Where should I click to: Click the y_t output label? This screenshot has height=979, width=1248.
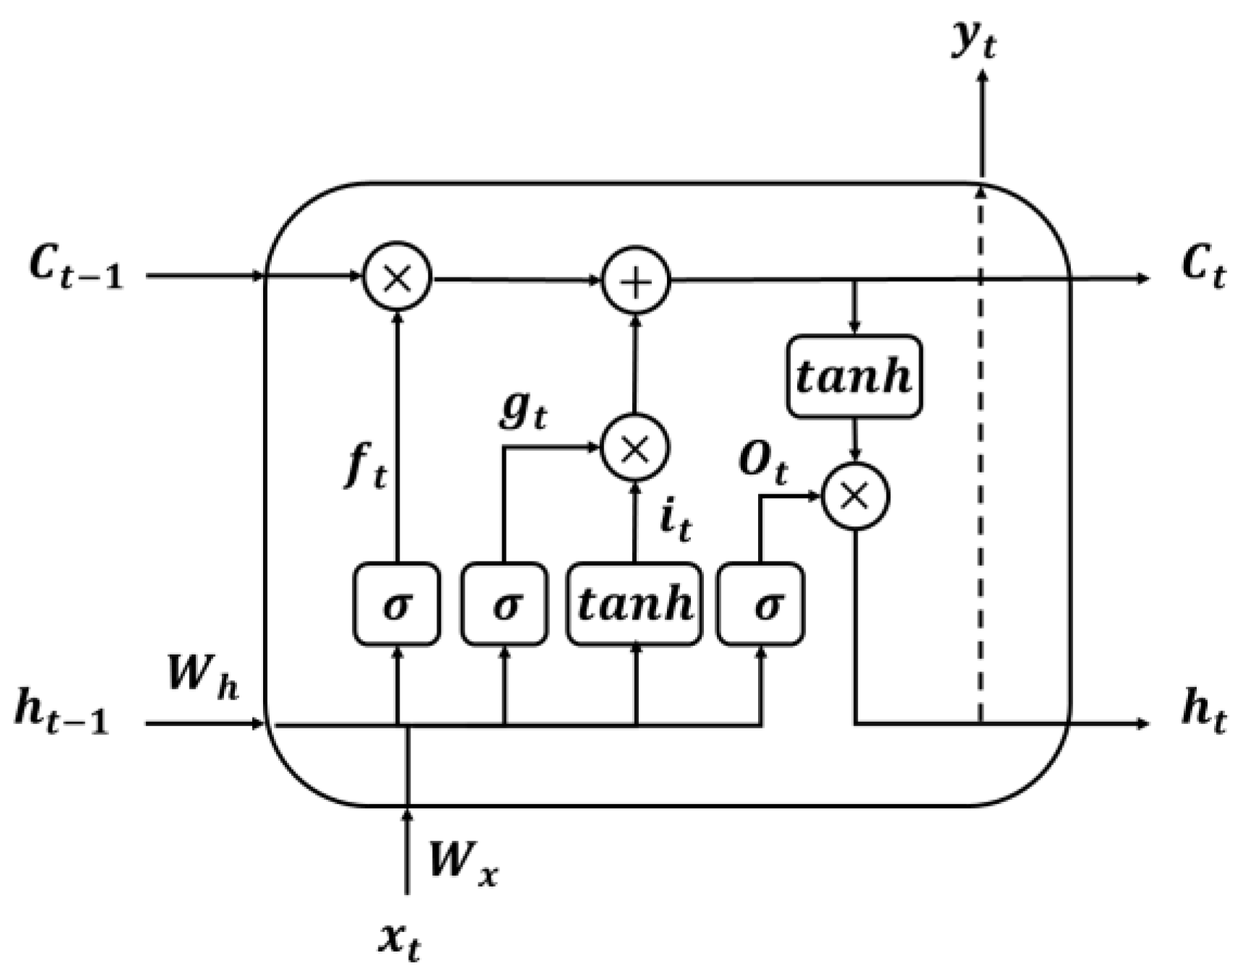(974, 42)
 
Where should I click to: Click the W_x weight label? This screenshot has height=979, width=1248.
(462, 862)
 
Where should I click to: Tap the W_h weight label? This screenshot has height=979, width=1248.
(202, 677)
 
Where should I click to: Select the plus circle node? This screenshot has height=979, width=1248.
(636, 281)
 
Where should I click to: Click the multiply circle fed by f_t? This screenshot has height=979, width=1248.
(397, 277)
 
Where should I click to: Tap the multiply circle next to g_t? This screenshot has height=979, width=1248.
(636, 448)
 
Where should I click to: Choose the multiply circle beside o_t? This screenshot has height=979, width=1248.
(856, 496)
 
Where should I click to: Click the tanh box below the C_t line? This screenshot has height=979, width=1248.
(854, 376)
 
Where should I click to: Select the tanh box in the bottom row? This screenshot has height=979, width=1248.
(634, 604)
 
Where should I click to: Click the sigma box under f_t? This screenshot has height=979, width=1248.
(397, 604)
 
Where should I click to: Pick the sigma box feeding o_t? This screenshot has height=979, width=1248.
(760, 604)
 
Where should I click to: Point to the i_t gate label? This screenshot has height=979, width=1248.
(675, 520)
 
